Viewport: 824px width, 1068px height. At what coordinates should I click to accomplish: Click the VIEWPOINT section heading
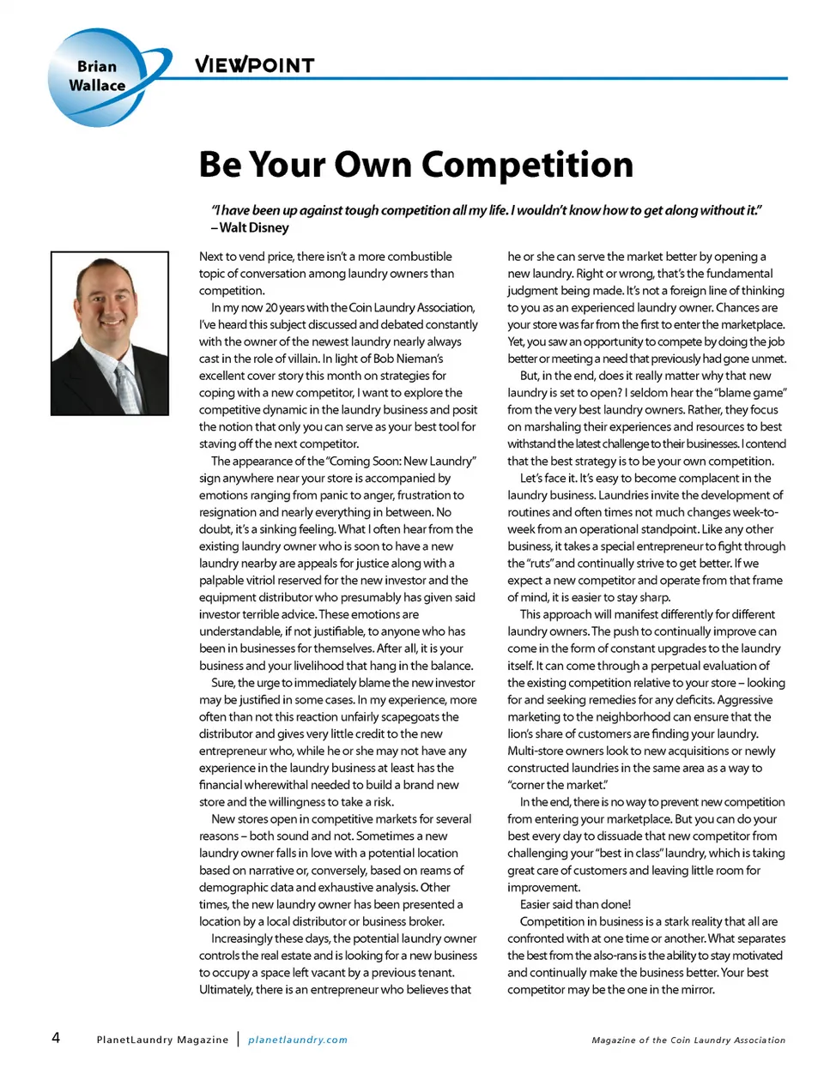tap(254, 64)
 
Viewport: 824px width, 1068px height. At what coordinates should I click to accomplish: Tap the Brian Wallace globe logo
tap(100, 77)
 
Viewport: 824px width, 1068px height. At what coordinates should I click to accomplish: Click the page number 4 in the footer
tap(56, 1037)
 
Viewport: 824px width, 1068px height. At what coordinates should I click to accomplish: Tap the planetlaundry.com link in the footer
tap(298, 1040)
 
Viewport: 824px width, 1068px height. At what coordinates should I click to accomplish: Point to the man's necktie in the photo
tap(127, 387)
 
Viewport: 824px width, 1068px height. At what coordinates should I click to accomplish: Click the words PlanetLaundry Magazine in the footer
tap(162, 1040)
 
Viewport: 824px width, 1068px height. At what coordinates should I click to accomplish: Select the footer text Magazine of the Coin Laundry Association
tap(688, 1040)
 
